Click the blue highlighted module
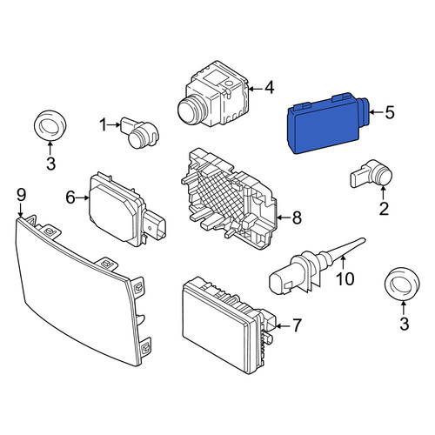click(328, 124)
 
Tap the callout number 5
click(390, 112)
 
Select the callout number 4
click(270, 88)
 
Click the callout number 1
click(104, 125)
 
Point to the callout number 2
click(384, 209)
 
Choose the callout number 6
click(70, 197)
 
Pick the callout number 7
click(297, 325)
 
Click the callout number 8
click(297, 217)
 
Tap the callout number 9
click(21, 195)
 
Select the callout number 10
click(345, 279)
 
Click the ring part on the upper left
click(50, 125)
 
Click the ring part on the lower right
click(402, 284)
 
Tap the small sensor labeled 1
click(140, 132)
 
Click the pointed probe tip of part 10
click(363, 239)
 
